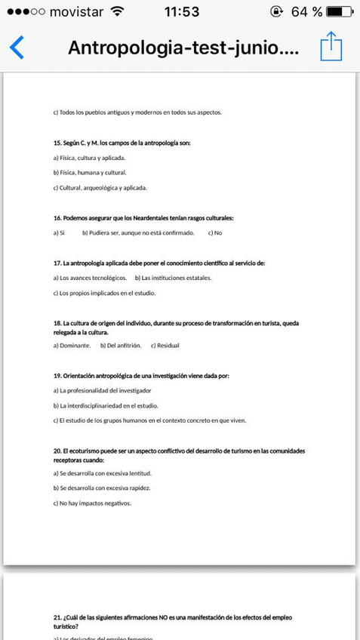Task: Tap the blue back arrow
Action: point(17,47)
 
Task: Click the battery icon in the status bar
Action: point(340,11)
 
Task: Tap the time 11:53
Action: point(181,11)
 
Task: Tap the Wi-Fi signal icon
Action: point(117,11)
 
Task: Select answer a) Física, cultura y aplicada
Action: point(89,158)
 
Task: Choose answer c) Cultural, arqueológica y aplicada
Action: point(100,187)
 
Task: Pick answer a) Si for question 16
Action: point(59,233)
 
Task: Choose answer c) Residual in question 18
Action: point(165,346)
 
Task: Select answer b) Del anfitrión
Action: point(121,346)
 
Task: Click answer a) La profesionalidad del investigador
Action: point(102,390)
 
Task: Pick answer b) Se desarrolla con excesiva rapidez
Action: point(102,488)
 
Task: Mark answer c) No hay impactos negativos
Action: point(91,503)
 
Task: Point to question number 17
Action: point(57,263)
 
